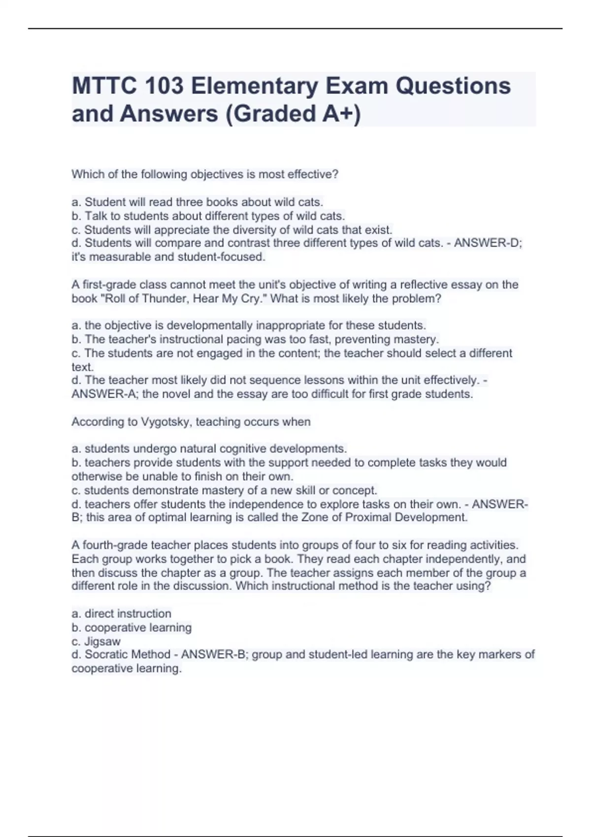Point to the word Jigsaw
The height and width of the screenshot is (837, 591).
coord(102,642)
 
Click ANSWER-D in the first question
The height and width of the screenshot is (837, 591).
coord(486,243)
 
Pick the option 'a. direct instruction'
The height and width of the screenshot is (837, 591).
coord(122,614)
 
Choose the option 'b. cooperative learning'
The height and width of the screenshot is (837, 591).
coord(131,628)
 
